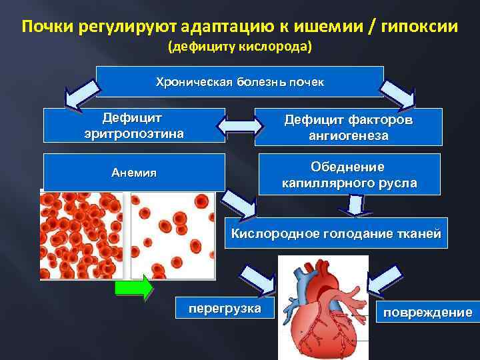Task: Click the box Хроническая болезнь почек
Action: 239,82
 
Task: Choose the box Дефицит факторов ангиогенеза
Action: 349,127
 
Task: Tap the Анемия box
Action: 133,172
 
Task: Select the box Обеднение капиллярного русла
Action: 349,174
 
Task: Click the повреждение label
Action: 426,311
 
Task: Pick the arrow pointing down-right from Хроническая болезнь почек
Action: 402,93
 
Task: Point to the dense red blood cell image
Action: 82,234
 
